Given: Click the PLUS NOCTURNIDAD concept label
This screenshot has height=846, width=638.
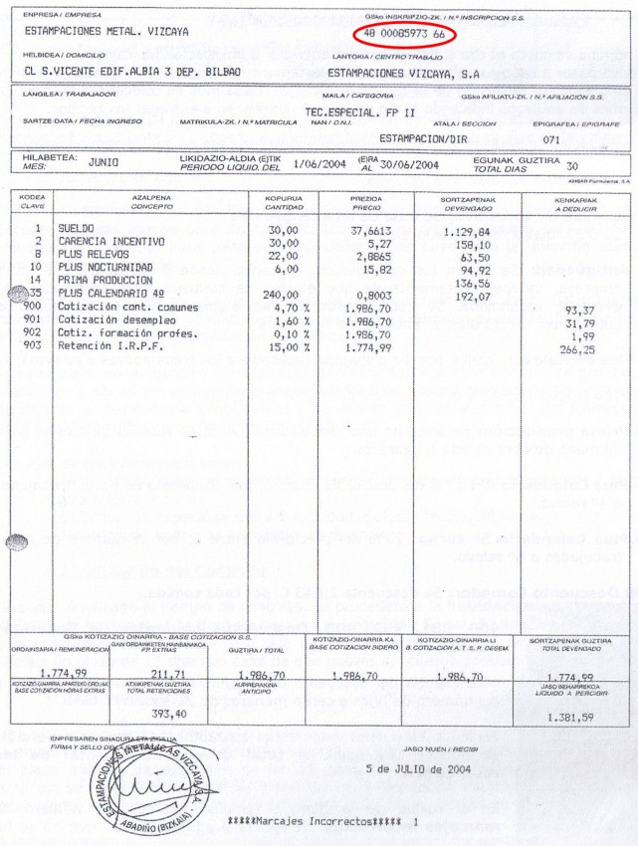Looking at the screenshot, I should point(105,268).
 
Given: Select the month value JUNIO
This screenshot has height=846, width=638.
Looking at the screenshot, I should point(104,161).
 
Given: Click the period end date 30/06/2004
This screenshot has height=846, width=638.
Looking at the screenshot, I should point(408,164).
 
